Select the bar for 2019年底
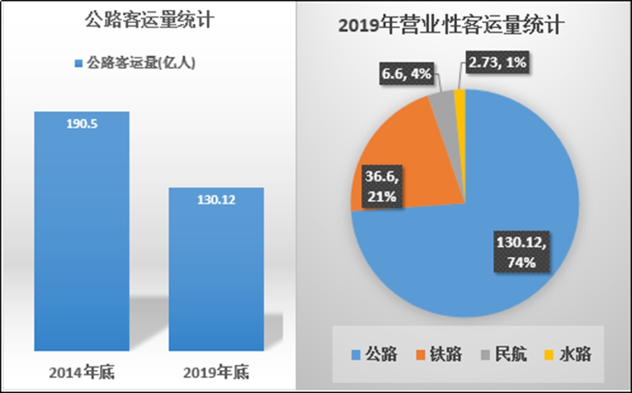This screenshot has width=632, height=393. pyautogui.click(x=217, y=274)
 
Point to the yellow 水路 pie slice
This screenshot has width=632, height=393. pyautogui.click(x=460, y=101)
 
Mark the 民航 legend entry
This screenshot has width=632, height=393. pyautogui.click(x=503, y=354)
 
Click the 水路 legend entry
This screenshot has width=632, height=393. pyautogui.click(x=568, y=354)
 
